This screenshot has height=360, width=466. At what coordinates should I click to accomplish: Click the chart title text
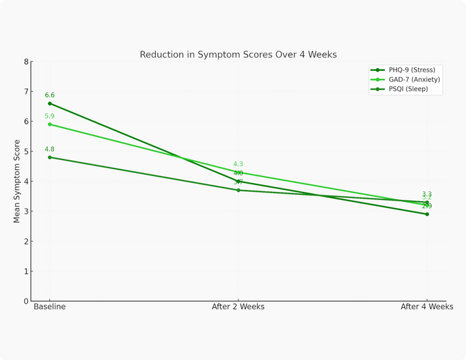(x=238, y=54)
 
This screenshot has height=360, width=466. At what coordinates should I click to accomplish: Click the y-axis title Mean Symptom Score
(x=18, y=181)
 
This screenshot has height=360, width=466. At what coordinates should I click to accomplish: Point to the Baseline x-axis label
(x=49, y=307)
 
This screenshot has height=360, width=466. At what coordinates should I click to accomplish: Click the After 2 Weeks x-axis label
(x=238, y=307)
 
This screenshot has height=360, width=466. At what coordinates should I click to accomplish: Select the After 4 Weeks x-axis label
(x=427, y=307)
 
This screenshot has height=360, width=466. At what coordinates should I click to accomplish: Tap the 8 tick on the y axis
(x=26, y=61)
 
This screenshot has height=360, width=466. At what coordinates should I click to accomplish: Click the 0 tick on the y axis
(x=26, y=301)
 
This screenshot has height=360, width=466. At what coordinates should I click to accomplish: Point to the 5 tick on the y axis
(x=26, y=151)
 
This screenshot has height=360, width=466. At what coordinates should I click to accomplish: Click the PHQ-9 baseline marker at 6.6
(x=49, y=103)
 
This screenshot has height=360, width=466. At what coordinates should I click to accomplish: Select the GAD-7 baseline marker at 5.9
(x=49, y=124)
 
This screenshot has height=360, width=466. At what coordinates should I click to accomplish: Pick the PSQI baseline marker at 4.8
(x=49, y=157)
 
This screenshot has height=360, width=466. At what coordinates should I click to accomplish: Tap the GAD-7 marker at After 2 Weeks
(x=238, y=172)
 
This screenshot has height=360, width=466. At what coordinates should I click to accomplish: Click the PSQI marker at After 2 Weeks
(x=238, y=190)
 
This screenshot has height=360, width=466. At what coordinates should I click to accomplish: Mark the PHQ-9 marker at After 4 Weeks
(x=427, y=214)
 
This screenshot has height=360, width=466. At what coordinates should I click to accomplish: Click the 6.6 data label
(x=49, y=95)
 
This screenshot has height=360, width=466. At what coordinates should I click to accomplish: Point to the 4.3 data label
(x=238, y=164)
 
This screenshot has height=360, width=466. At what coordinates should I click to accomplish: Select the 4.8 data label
(x=49, y=149)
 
